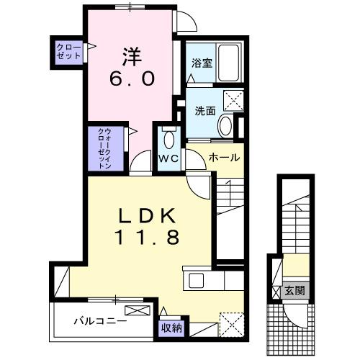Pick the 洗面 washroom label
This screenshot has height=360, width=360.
tap(205, 112)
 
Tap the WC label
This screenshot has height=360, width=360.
tap(168, 157)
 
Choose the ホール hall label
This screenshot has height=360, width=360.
tap(223, 157)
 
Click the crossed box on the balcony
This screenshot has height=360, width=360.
tap(139, 310)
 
